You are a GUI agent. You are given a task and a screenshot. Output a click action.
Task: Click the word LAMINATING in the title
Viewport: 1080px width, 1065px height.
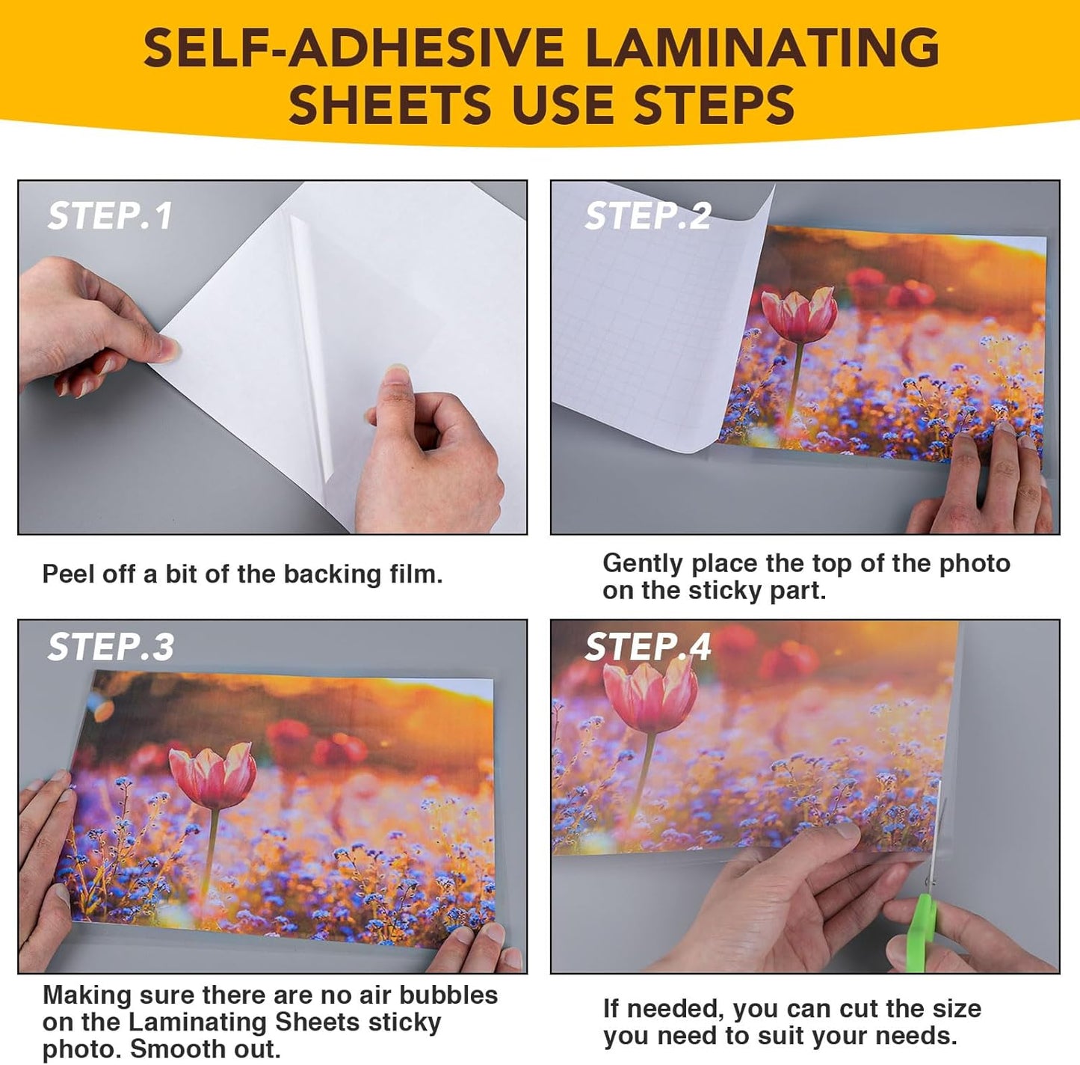click(x=760, y=48)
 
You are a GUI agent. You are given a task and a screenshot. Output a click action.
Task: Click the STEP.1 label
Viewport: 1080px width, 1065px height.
click(x=110, y=216)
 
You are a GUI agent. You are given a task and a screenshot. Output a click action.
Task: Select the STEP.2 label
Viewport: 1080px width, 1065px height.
click(x=647, y=216)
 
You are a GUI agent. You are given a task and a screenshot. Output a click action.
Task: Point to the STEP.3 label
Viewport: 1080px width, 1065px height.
click(x=111, y=647)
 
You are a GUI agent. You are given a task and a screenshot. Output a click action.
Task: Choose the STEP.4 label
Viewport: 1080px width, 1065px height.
click(x=647, y=647)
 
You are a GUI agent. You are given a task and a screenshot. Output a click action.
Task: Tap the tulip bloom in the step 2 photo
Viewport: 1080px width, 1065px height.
click(x=799, y=315)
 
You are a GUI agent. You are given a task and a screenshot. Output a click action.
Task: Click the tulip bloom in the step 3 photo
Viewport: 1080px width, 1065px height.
click(x=213, y=775)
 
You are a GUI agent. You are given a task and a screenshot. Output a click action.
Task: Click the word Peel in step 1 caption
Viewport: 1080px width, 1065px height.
click(x=67, y=574)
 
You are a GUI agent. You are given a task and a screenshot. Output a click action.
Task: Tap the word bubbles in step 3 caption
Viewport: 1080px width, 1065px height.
click(x=448, y=995)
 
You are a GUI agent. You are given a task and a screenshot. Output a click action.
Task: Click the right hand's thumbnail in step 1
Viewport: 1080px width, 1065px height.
click(x=395, y=374)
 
